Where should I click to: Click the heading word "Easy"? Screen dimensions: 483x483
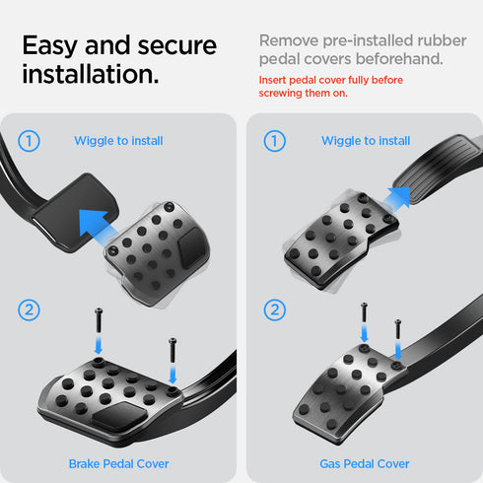(x=50, y=46)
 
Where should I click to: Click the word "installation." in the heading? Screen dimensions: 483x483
(x=91, y=74)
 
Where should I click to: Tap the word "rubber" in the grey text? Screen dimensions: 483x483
(x=442, y=40)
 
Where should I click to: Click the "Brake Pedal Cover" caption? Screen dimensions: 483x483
(x=118, y=463)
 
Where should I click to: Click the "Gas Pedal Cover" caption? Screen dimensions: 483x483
(x=365, y=463)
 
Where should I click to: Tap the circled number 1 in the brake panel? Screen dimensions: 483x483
(x=29, y=141)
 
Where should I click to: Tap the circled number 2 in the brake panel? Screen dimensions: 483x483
(x=29, y=310)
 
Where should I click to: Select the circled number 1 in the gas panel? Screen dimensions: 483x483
(x=275, y=141)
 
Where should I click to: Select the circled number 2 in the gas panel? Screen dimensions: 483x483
(x=275, y=310)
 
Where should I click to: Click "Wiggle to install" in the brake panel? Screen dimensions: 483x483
(x=118, y=141)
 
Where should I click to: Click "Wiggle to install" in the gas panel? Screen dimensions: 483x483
(x=366, y=141)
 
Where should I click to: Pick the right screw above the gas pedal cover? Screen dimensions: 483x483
(x=397, y=329)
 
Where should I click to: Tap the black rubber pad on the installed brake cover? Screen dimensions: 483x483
(x=119, y=416)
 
